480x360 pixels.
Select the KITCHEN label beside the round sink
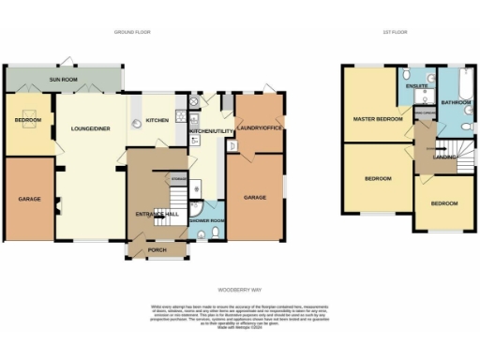tap(157, 120)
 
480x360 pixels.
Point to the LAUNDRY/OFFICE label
tap(259, 127)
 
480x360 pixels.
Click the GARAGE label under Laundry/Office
tap(256, 198)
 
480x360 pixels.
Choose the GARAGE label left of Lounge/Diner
tap(29, 199)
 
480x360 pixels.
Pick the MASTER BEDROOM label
tap(377, 120)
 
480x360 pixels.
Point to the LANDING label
tap(444, 157)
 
